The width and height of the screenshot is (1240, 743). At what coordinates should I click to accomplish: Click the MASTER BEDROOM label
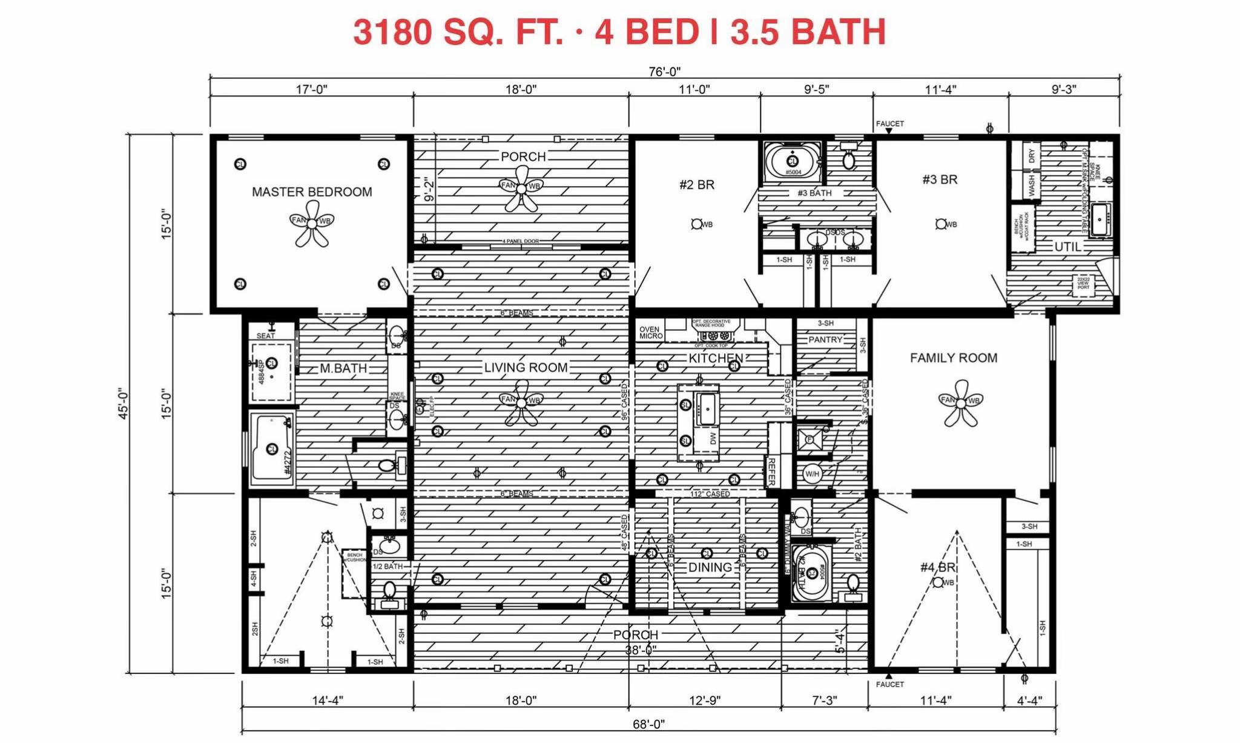pos(312,192)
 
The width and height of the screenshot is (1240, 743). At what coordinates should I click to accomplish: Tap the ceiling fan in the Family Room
pos(960,402)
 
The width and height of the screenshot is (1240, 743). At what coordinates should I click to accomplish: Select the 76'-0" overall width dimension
pos(664,72)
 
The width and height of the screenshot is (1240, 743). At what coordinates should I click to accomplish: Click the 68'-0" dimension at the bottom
pos(648,724)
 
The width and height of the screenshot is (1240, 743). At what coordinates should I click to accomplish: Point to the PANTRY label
pos(825,339)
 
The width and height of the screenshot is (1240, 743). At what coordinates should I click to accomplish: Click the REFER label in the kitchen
pos(771,471)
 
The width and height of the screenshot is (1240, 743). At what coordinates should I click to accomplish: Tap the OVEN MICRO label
pos(650,333)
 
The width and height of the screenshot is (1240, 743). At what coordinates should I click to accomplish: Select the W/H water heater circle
pos(812,474)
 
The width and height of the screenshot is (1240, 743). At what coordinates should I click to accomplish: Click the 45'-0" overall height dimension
pos(124,404)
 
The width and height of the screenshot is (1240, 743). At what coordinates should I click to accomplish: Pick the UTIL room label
pos(1067,247)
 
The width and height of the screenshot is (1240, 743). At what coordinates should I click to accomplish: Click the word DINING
pos(710,567)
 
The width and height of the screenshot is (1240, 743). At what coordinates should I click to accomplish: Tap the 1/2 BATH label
pos(387,566)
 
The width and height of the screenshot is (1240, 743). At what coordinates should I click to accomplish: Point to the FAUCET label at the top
pos(889,124)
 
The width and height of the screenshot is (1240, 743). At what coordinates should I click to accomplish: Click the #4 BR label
pos(937,567)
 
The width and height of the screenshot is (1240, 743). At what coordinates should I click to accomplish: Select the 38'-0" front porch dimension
pos(641,650)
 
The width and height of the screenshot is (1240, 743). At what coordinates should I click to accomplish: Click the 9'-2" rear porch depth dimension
pos(429,188)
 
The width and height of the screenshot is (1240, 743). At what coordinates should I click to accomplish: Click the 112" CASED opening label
pos(710,494)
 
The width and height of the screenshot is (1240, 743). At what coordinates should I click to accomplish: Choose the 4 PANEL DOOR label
pos(520,241)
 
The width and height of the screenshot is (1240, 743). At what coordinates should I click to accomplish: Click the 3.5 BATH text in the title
pos(808,32)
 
